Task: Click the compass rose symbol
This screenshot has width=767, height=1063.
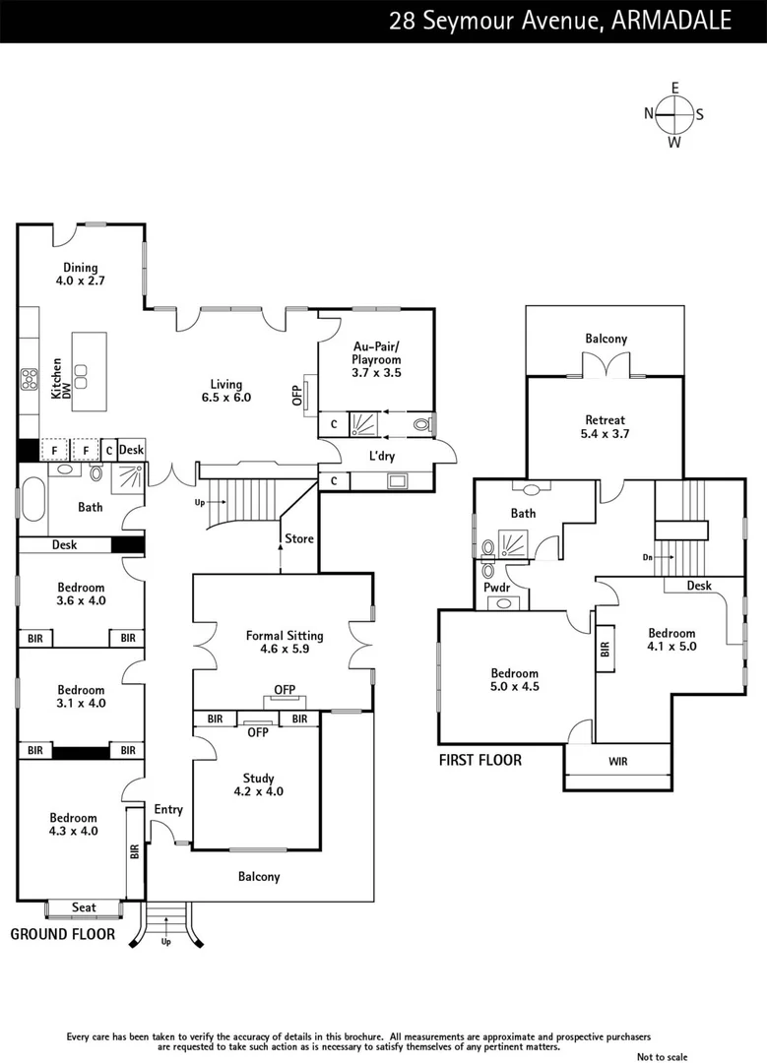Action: click(674, 114)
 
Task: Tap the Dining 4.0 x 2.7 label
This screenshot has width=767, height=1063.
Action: click(81, 274)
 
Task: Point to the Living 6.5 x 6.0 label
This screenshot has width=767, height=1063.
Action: click(225, 391)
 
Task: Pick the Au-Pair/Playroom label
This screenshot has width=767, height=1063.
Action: click(377, 352)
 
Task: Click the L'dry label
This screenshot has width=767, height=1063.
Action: click(382, 457)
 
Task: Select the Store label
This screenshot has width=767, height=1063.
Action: click(299, 538)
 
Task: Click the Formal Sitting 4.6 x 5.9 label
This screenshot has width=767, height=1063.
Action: click(284, 643)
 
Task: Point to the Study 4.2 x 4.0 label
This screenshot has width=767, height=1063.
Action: click(258, 784)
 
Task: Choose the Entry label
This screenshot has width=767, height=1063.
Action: click(168, 809)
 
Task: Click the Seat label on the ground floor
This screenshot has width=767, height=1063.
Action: click(84, 907)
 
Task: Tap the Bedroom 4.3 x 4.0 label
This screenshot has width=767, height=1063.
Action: click(74, 824)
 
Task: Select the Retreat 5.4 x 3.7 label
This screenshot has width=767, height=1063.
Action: click(605, 426)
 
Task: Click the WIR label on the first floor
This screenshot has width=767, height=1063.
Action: click(617, 761)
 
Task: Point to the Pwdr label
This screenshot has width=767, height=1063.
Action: click(496, 588)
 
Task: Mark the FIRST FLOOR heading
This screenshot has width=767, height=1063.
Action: click(480, 760)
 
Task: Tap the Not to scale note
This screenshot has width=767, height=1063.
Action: click(663, 1056)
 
